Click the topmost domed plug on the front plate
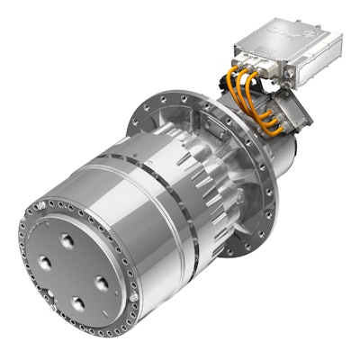(x=67, y=240)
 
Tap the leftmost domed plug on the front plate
(x=45, y=263)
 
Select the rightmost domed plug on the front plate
(x=101, y=283)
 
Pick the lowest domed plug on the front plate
(x=76, y=303)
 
